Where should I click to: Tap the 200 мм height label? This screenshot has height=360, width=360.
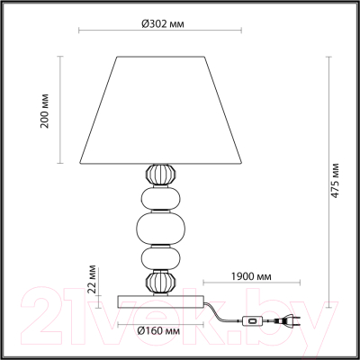pyautogui.click(x=45, y=110)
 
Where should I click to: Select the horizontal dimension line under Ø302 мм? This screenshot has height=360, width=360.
pyautogui.click(x=163, y=32)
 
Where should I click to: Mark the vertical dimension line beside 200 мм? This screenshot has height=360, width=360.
pyautogui.click(x=60, y=110)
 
